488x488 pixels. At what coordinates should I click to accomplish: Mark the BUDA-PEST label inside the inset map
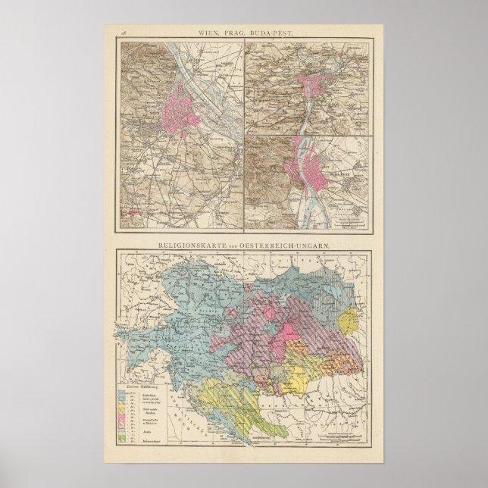coord(339,173)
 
